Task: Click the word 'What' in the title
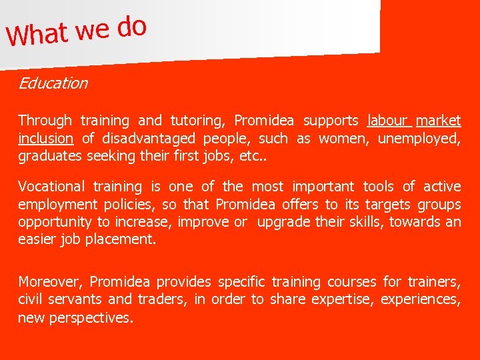(x=38, y=33)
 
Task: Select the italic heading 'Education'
(x=53, y=83)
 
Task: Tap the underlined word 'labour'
(x=387, y=121)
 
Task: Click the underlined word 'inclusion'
(x=45, y=139)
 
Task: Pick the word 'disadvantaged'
(x=147, y=139)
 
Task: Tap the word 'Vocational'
(x=51, y=187)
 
